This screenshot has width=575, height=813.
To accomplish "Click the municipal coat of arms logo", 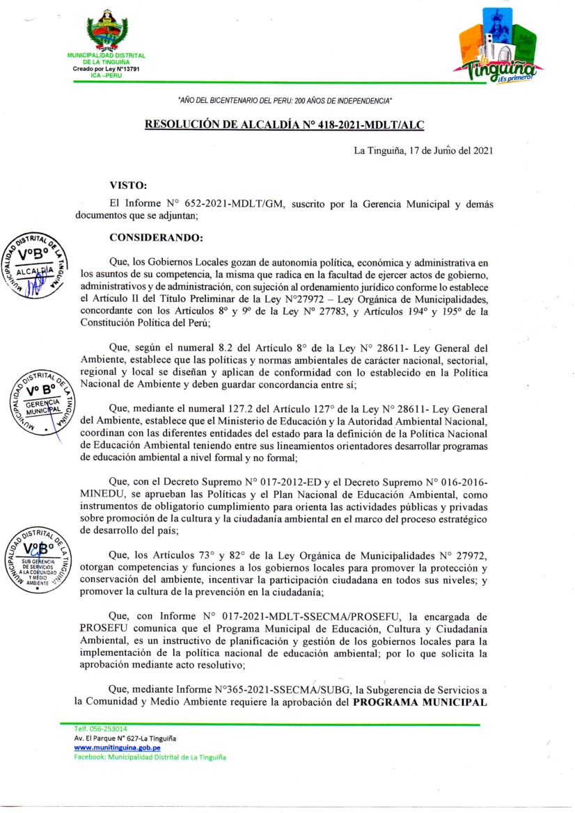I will [x=107, y=31].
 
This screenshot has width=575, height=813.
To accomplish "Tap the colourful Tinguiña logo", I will [x=496, y=53].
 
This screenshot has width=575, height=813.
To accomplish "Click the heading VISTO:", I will [x=129, y=185].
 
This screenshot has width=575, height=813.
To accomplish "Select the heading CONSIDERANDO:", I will [x=157, y=237].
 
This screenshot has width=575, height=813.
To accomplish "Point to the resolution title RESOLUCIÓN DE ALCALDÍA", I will [x=284, y=124].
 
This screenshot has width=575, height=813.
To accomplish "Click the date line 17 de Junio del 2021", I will [x=424, y=150].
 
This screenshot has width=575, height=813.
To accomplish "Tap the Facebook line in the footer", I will [x=150, y=757].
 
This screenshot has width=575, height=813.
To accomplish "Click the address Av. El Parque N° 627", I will [x=125, y=737].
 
